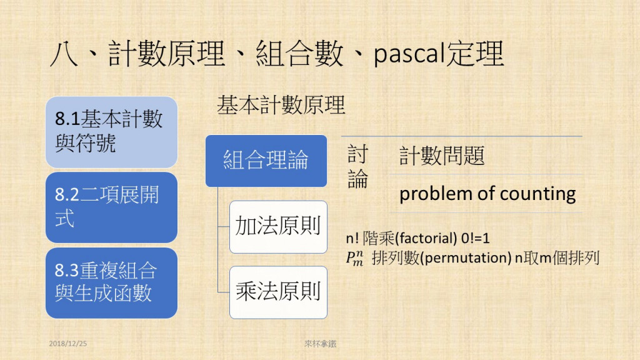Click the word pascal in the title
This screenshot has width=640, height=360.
(x=409, y=54)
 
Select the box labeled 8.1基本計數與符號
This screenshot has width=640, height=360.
(x=111, y=132)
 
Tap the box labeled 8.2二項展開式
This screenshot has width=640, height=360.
(x=111, y=207)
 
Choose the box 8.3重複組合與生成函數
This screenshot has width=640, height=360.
(x=111, y=283)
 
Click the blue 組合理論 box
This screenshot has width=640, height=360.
(x=266, y=161)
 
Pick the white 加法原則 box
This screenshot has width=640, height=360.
(x=278, y=227)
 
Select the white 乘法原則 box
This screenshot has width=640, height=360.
(x=278, y=292)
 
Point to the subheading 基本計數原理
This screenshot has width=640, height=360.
(x=281, y=105)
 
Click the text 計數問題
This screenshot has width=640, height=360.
(x=442, y=156)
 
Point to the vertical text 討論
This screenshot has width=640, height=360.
(x=357, y=166)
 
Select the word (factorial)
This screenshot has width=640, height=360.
(x=426, y=238)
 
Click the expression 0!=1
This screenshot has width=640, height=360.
(x=475, y=238)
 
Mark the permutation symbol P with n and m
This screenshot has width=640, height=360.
(x=354, y=258)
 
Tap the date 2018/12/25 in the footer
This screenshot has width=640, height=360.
(x=67, y=344)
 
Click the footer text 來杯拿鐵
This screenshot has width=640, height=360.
(x=321, y=344)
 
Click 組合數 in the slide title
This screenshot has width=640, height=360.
(x=299, y=54)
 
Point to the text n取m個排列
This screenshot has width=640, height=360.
(x=557, y=258)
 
